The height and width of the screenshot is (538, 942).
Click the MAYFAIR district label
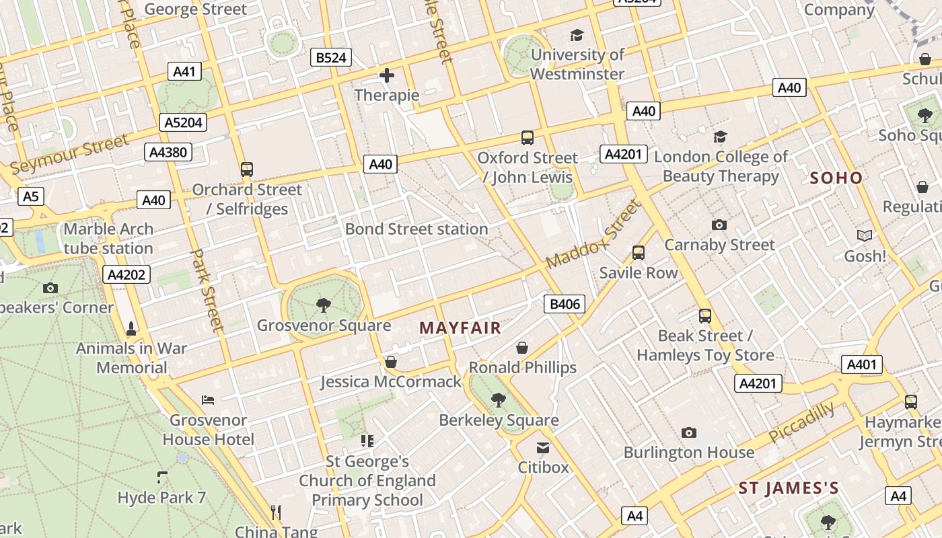tap(460, 328)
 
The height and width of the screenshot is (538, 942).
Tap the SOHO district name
tap(836, 178)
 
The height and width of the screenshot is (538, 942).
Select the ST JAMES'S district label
tap(789, 488)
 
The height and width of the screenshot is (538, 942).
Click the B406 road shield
tap(565, 304)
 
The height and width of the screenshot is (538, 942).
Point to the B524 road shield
tap(331, 58)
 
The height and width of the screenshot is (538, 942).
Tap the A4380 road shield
tap(168, 153)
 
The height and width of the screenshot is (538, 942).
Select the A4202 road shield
tap(126, 274)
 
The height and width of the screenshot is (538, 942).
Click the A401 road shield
tap(861, 364)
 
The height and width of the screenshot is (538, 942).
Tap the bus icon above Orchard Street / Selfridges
tap(247, 169)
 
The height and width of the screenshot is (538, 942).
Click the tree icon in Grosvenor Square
tap(324, 305)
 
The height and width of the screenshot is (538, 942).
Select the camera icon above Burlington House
tap(688, 432)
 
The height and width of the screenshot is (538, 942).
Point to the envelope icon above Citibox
tap(543, 448)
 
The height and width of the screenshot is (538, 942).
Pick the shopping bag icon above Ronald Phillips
tap(522, 348)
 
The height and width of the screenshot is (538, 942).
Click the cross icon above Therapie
tap(386, 75)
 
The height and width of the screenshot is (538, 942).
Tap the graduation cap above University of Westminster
tap(577, 35)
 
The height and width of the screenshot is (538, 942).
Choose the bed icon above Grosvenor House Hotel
tap(208, 400)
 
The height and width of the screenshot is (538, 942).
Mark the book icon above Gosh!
tap(865, 236)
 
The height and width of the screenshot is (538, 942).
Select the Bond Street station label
tap(416, 229)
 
